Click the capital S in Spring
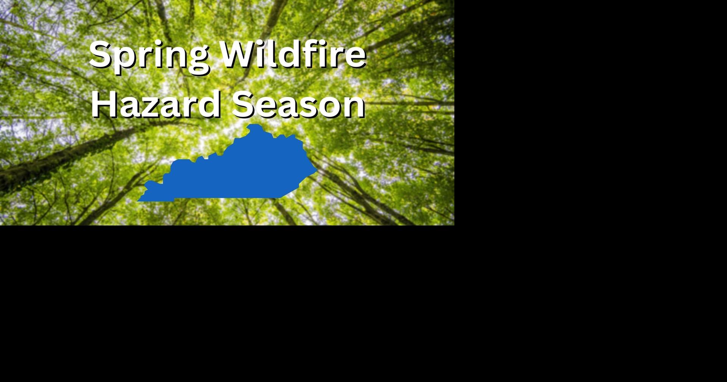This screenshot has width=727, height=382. (x=101, y=54)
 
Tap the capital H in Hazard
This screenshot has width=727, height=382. (x=103, y=103)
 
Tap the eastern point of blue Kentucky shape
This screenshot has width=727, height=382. (x=316, y=171)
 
